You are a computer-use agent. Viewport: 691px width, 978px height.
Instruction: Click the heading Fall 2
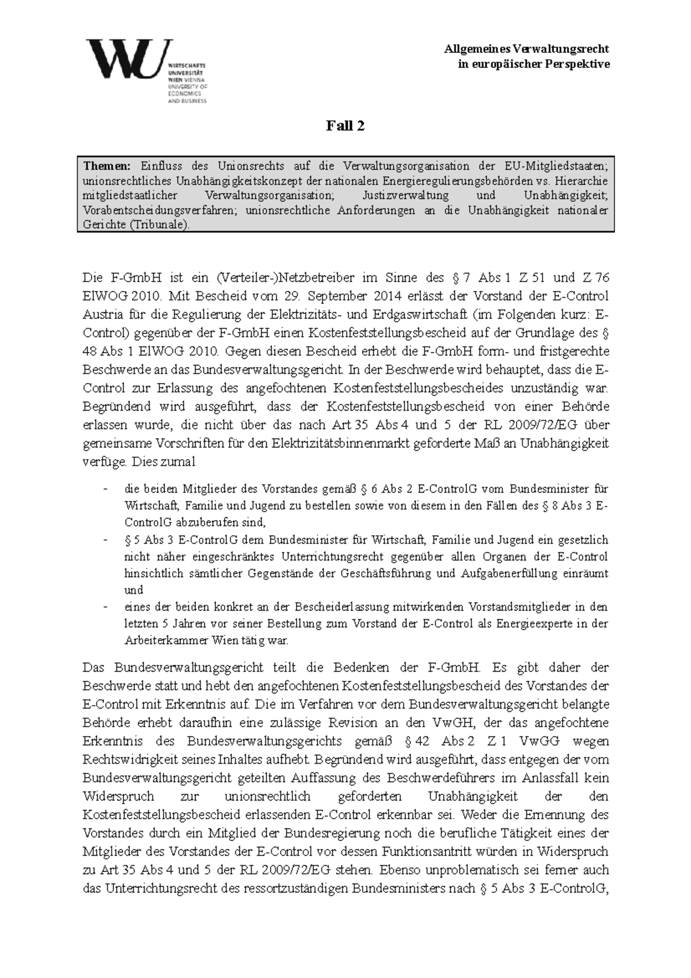point(345,126)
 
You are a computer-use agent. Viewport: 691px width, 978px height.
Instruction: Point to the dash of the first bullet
point(105,490)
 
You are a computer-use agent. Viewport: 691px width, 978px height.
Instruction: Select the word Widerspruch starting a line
point(119,797)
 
